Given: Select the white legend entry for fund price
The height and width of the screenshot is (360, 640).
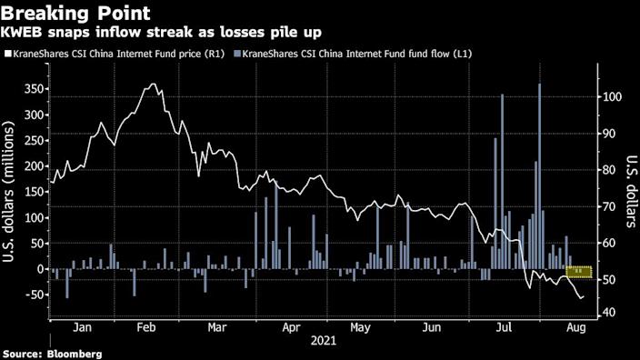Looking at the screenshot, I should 114,54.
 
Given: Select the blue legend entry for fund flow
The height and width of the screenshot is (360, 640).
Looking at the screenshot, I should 356,54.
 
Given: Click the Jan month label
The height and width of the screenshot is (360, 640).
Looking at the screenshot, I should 80,326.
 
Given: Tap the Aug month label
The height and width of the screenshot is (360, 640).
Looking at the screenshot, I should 575,326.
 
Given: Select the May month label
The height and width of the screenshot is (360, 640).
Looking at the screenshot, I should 360,326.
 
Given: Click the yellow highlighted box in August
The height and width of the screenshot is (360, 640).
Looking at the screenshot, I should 579,271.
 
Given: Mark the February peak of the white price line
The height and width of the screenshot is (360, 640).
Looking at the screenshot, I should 153,85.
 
